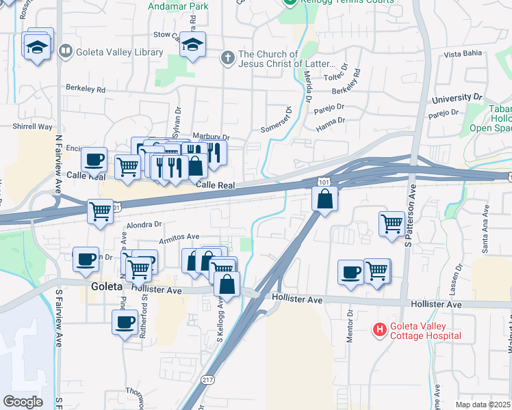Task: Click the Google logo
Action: (x=23, y=402)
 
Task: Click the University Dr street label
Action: (x=458, y=98)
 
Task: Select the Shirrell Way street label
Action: (x=32, y=126)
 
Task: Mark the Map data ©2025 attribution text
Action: (x=482, y=405)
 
